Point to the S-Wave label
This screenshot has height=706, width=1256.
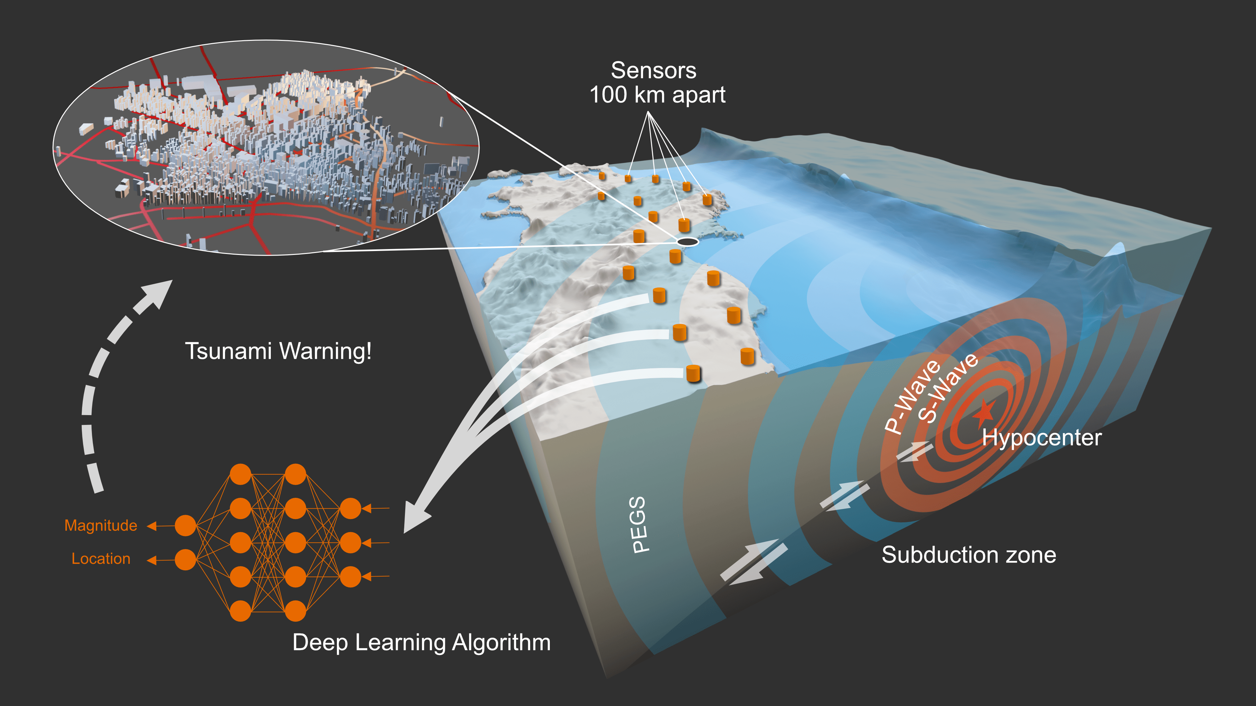coord(947,388)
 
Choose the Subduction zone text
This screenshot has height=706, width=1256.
coord(969,555)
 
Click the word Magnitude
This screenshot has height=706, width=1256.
coord(101,525)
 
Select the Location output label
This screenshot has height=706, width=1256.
coord(101,558)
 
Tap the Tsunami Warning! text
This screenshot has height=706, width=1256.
coord(278,351)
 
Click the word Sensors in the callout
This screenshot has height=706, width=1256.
coord(654,71)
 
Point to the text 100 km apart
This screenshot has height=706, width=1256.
coord(657,94)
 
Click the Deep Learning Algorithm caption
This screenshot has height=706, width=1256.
coord(421,642)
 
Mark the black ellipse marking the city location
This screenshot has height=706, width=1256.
coord(687,241)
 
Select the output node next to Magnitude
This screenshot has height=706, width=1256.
coord(185,526)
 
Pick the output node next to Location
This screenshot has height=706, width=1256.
coord(185,560)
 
